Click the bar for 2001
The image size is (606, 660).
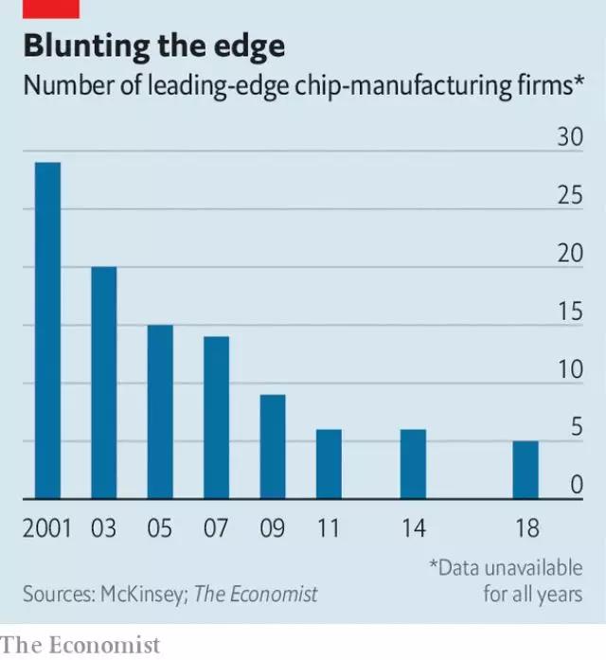point(47,330)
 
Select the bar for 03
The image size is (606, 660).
point(103,383)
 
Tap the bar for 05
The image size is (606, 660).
point(160,412)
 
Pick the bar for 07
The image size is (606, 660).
point(216,418)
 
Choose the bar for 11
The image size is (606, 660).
point(329,464)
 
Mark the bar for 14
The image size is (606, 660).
point(413,464)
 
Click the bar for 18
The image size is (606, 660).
point(526,470)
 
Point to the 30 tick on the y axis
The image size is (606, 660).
point(569,138)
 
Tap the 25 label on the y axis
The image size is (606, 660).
point(569,196)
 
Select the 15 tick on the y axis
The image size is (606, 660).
point(569,312)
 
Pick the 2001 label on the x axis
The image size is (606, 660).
point(47,528)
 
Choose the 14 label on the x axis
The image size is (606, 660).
point(413,528)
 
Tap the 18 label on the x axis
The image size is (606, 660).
point(526,528)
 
